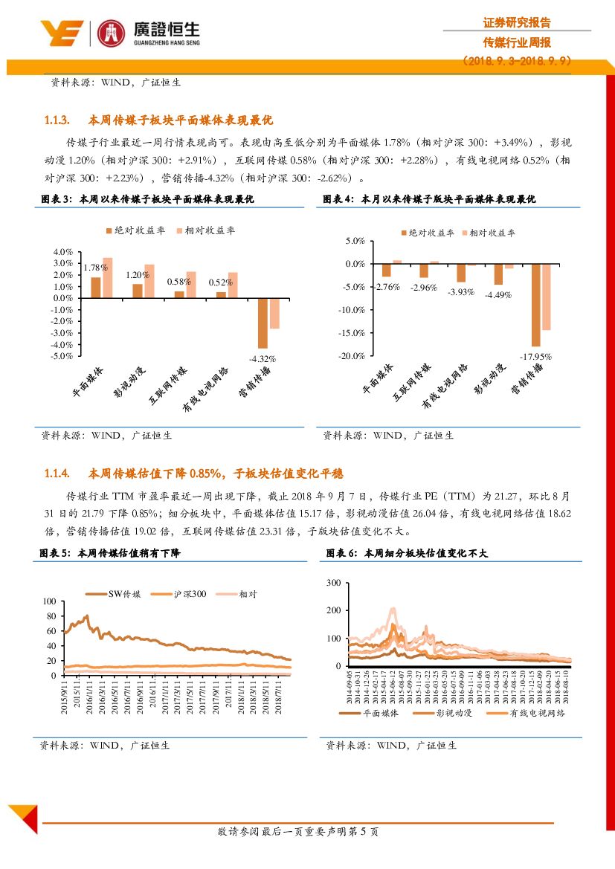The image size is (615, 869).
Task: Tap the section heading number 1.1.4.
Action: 57,474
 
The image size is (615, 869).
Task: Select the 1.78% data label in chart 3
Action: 94,268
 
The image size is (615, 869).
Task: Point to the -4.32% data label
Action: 263,358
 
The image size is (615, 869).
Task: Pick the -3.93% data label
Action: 460,292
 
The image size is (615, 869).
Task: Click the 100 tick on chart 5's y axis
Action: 50,601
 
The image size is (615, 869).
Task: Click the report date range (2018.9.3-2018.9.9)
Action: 517,62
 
